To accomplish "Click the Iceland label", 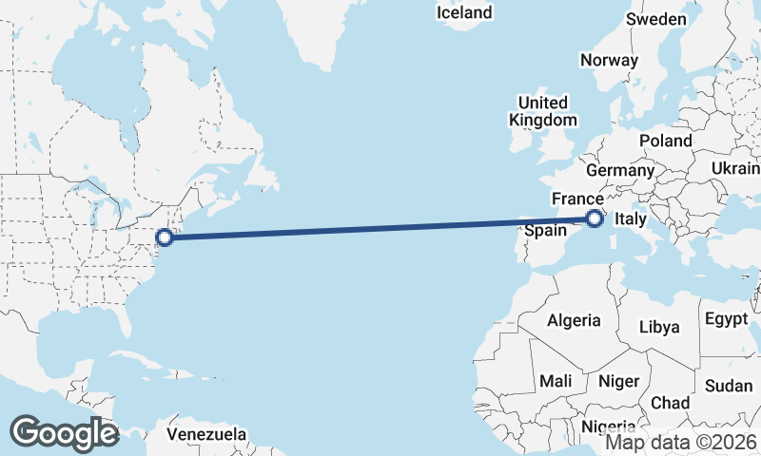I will (464, 12).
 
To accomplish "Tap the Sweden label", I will (656, 19).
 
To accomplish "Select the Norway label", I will (609, 59).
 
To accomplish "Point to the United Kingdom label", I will (543, 111).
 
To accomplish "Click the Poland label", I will (666, 140).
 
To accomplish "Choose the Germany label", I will (620, 170).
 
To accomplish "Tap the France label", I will (577, 199).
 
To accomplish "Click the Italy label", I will (631, 219).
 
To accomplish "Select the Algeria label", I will (574, 320).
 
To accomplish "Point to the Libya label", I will (659, 327).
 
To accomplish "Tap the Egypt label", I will (728, 319).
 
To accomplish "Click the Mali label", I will (555, 380).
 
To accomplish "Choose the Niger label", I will (618, 381).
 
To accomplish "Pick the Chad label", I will (671, 402).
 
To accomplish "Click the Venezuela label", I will (206, 434).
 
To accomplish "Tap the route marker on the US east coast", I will (165, 237).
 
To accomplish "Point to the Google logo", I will (65, 433).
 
